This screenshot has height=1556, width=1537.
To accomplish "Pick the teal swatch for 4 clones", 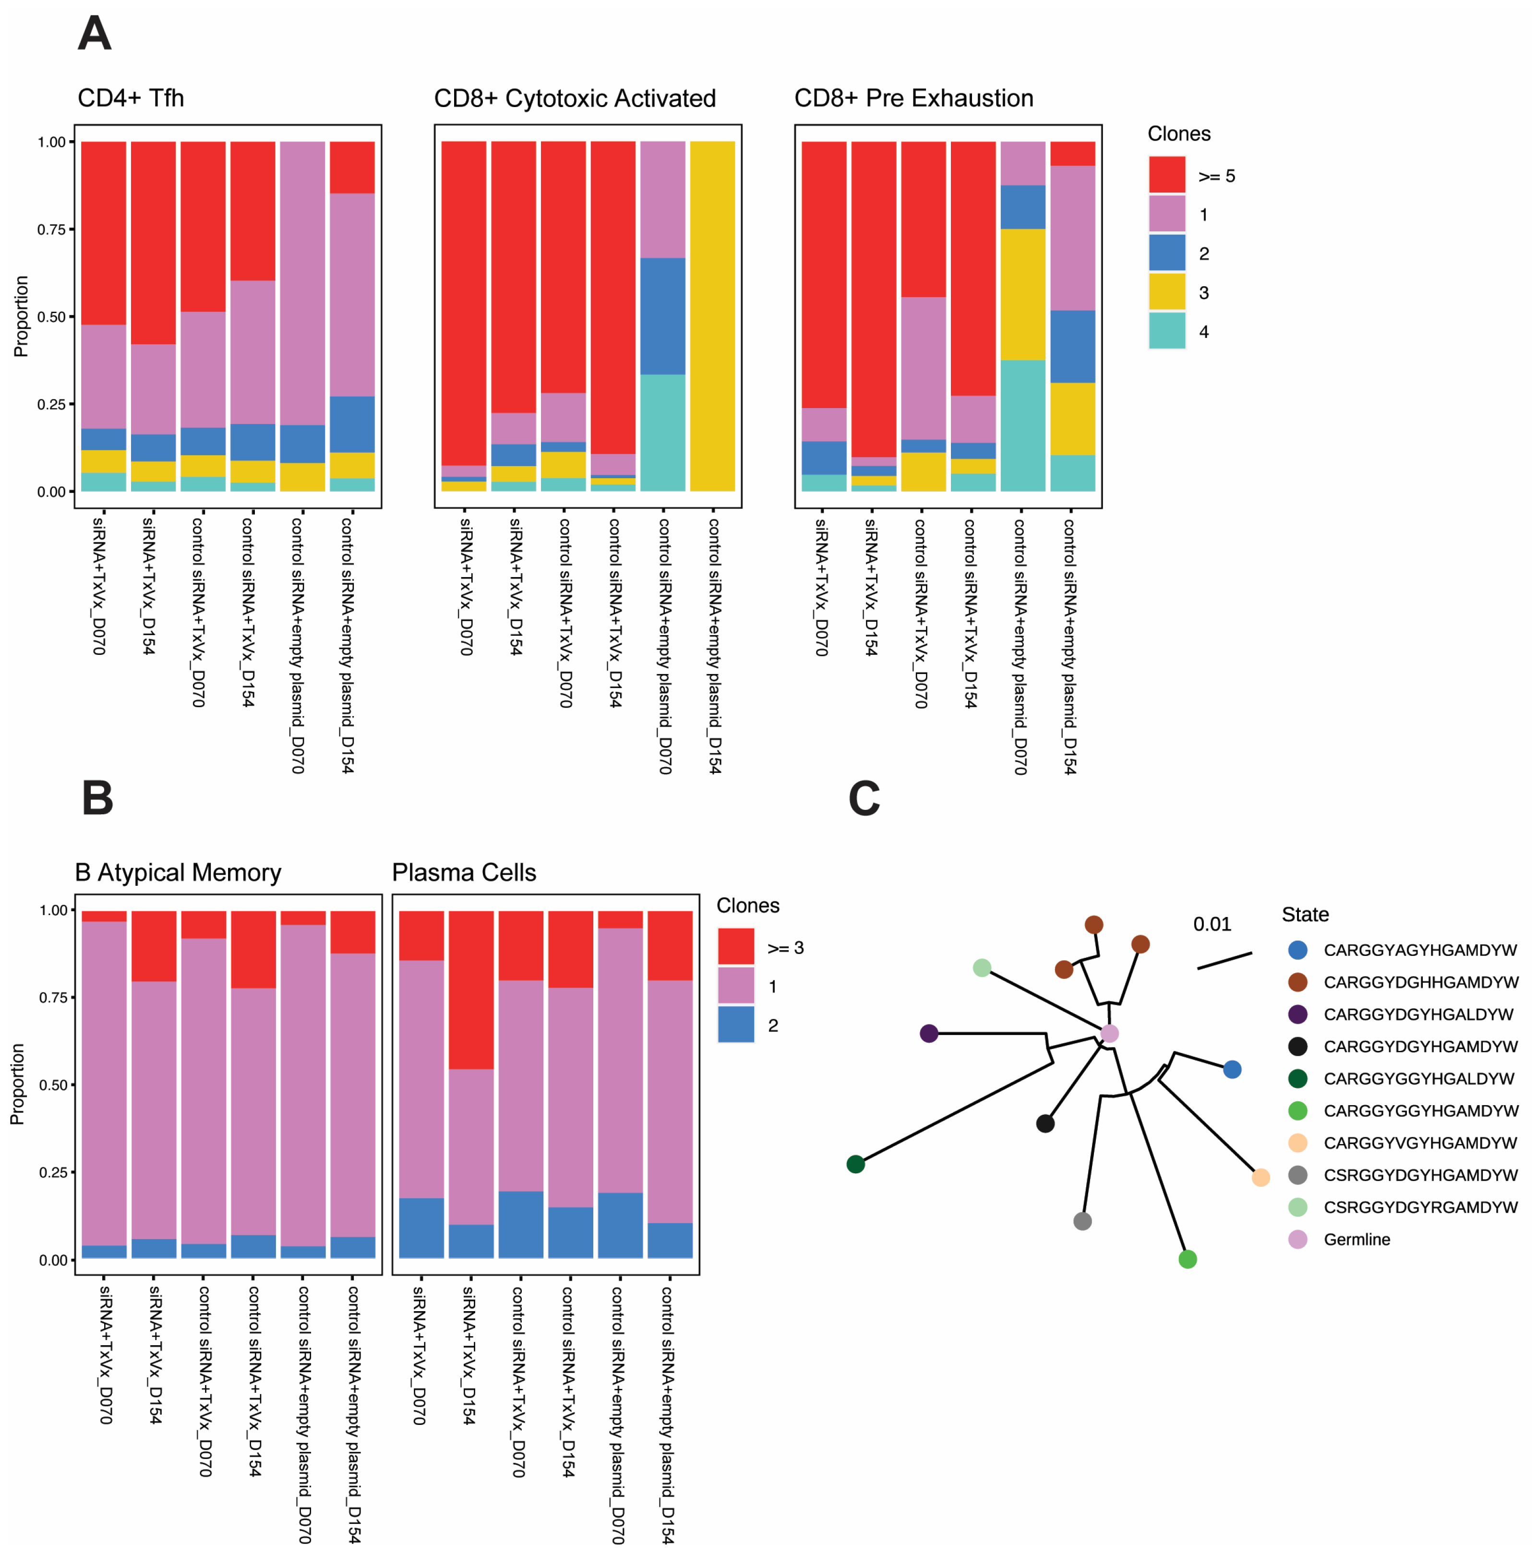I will click(1166, 331).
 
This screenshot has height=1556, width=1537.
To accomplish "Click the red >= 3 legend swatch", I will click(736, 946).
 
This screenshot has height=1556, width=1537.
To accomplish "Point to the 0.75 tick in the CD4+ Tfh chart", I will click(51, 229).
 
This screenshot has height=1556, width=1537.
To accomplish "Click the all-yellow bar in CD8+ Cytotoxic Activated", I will click(712, 316).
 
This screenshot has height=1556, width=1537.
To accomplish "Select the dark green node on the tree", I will click(856, 1164).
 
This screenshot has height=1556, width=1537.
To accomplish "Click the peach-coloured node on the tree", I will click(1261, 1178).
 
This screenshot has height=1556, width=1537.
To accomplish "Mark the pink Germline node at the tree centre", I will click(1109, 1033).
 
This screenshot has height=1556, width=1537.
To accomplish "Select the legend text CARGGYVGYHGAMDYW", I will click(1420, 1143).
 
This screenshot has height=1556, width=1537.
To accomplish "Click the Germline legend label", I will click(1357, 1240).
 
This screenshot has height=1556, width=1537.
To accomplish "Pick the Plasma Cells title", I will click(464, 873).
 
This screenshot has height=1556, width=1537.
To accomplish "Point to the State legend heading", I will click(1304, 915).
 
